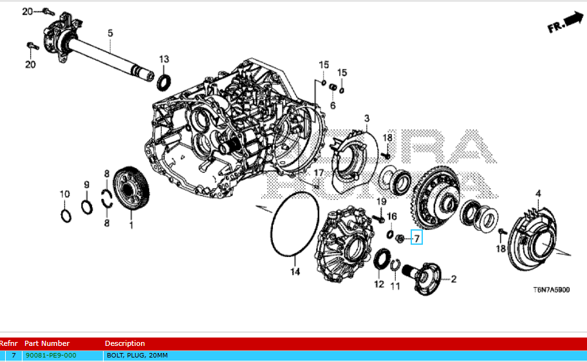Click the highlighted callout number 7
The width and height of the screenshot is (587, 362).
416,239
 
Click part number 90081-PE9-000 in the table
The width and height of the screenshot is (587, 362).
51,356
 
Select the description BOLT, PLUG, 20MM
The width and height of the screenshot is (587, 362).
136,356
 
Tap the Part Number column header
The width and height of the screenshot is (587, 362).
47,343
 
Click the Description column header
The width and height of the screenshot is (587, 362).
125,343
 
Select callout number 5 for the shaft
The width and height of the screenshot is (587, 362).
110,33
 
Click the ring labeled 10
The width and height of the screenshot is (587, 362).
66,214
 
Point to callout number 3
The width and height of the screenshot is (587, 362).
366,119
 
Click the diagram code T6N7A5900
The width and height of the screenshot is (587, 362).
551,291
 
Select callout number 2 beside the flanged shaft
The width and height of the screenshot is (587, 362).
453,279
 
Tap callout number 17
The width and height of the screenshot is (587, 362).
319,173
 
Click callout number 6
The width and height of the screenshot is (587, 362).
333,105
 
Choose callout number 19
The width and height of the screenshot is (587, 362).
380,202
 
